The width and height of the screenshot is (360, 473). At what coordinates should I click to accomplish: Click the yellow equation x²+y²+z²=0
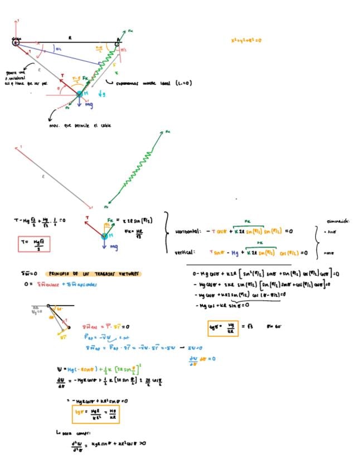pyautogui.click(x=246, y=41)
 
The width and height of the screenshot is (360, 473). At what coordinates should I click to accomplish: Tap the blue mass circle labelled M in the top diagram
pyautogui.click(x=80, y=94)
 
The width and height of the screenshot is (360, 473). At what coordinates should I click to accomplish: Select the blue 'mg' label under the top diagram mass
pyautogui.click(x=88, y=104)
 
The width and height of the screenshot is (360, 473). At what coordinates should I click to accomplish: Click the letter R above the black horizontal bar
pyautogui.click(x=70, y=37)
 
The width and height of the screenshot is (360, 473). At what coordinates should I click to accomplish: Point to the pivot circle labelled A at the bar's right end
pyautogui.click(x=118, y=41)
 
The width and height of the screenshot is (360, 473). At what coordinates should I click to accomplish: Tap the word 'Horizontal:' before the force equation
pyautogui.click(x=188, y=231)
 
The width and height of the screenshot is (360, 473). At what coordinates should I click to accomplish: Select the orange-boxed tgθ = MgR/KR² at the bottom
pyautogui.click(x=95, y=414)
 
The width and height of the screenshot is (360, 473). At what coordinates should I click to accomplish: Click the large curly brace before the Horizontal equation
pyautogui.click(x=166, y=236)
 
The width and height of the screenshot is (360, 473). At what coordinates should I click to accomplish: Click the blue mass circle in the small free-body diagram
pyautogui.click(x=104, y=236)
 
